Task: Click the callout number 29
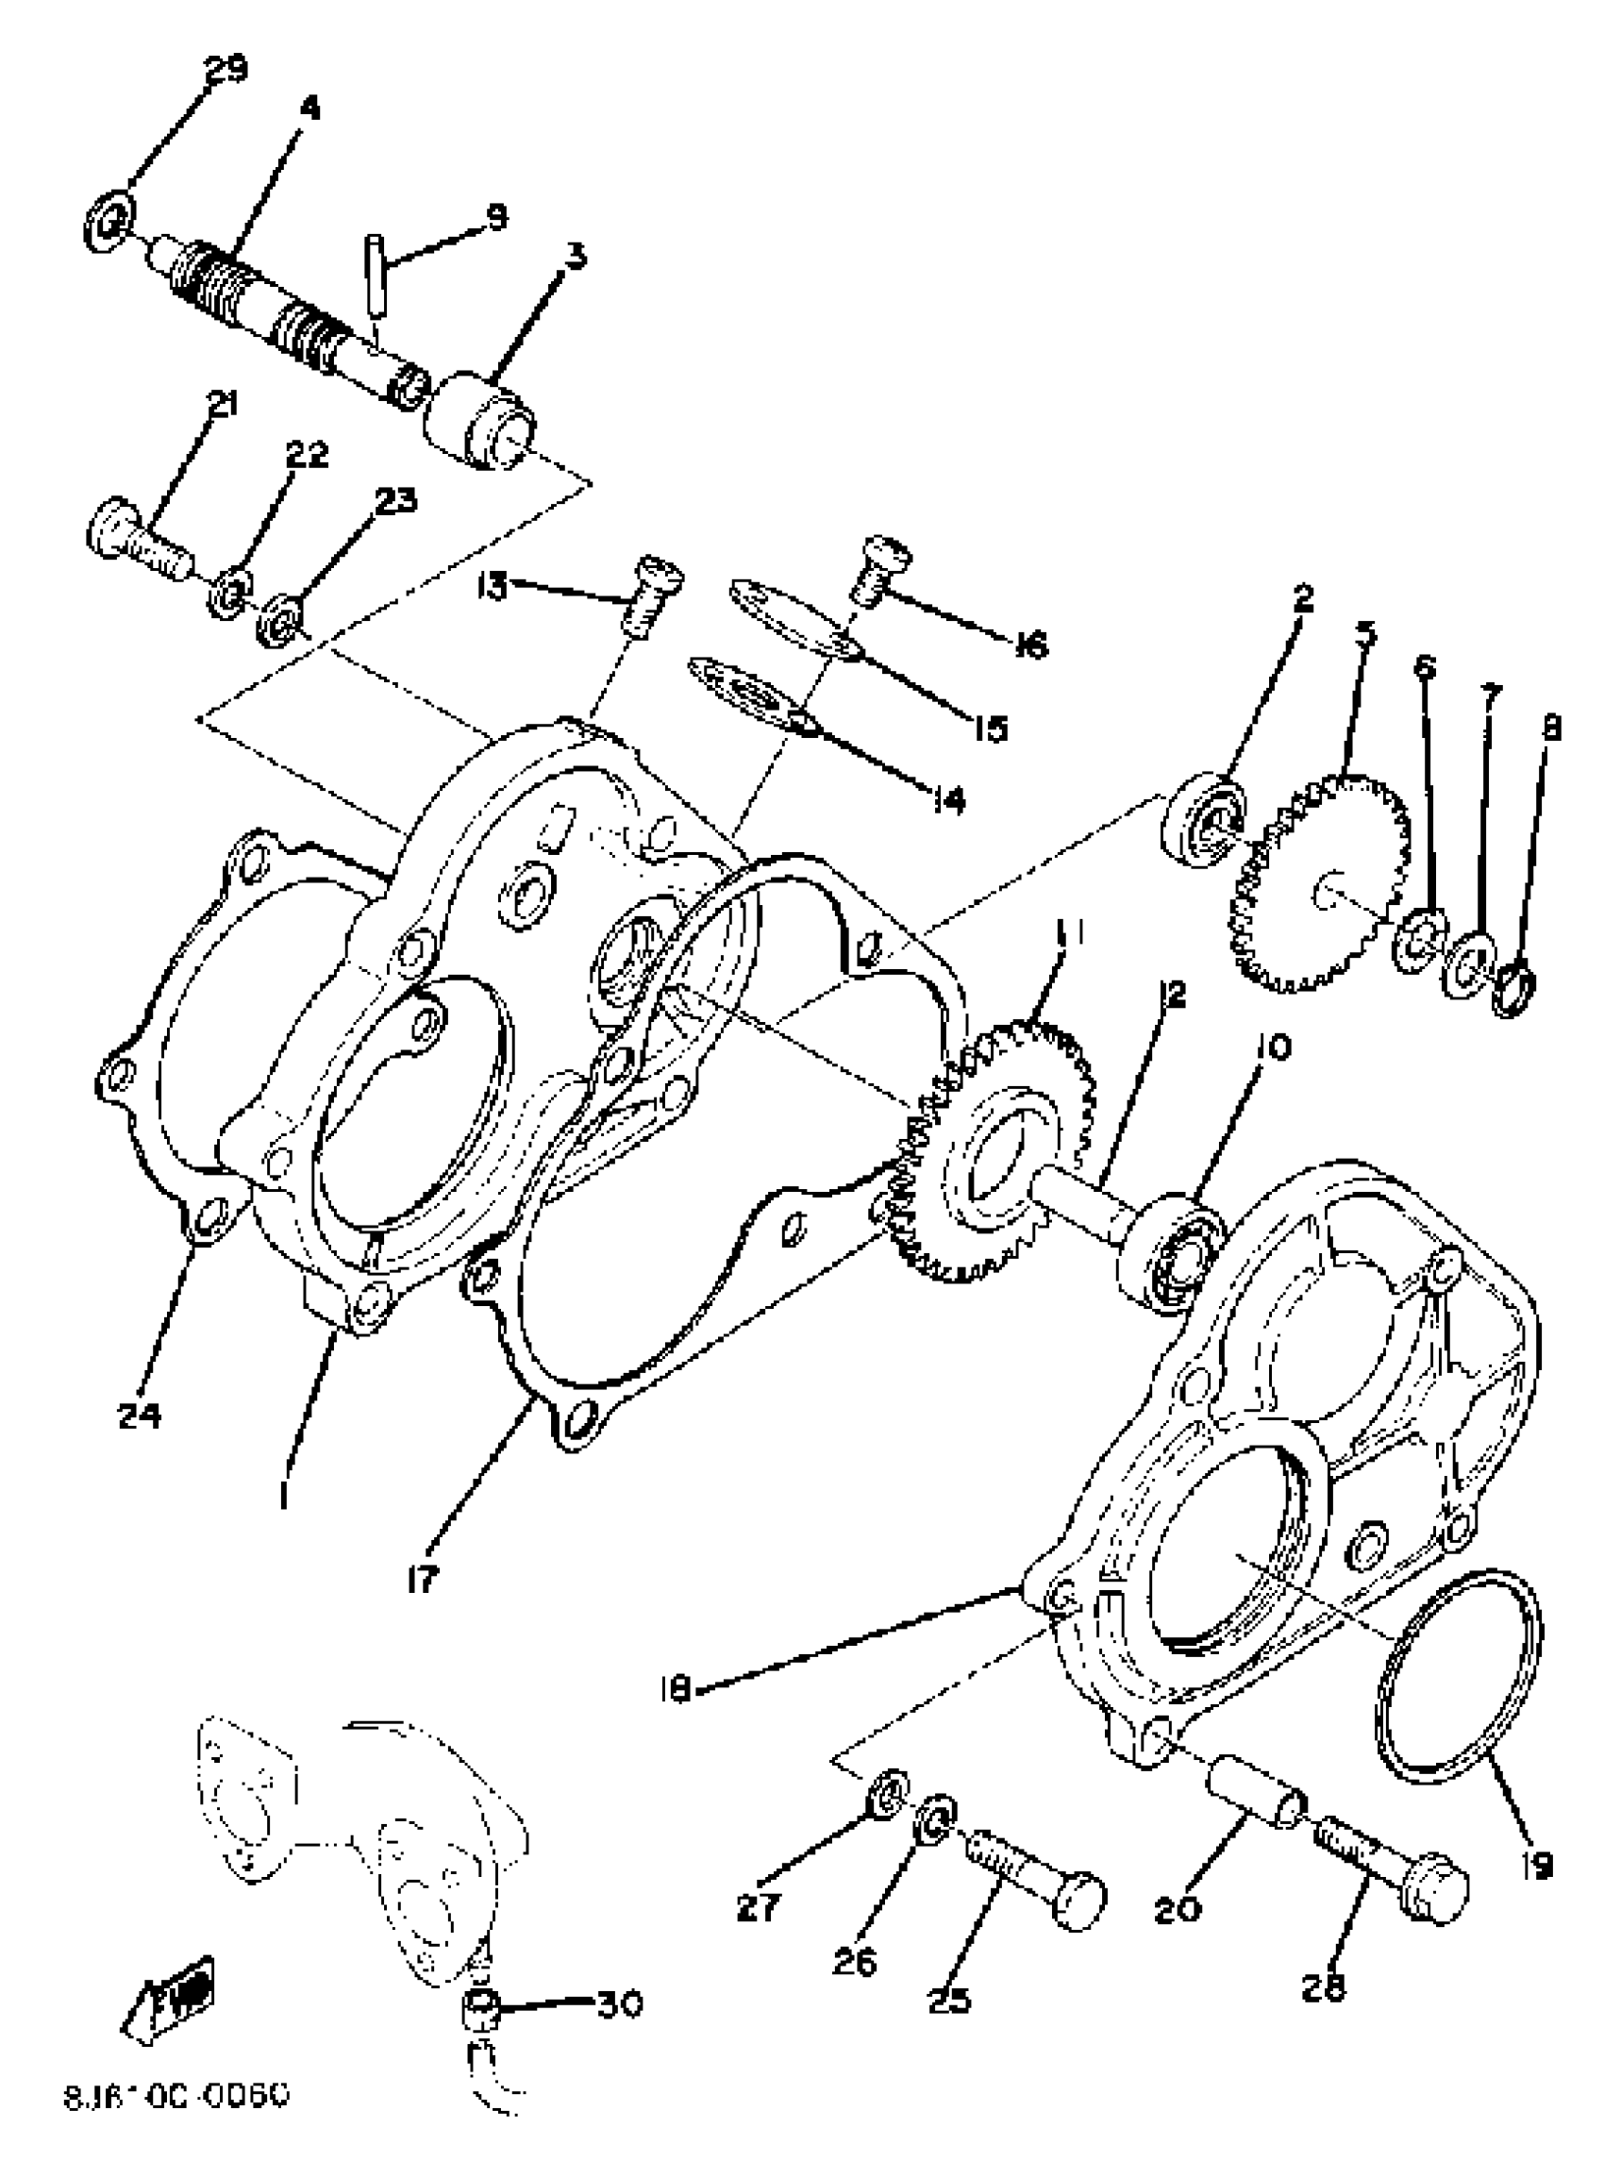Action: (226, 70)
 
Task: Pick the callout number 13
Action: (493, 586)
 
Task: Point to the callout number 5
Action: (1365, 634)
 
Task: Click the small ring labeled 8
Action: (1515, 991)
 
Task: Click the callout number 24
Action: (139, 1416)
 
